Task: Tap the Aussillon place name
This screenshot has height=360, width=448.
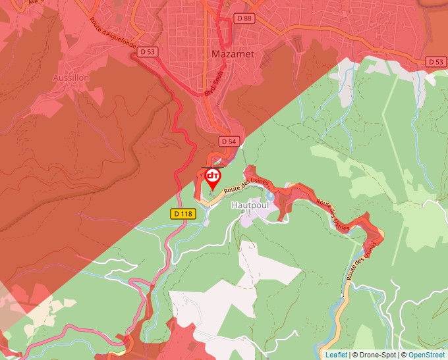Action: [70, 78]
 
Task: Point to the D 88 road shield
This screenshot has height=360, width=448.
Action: [244, 18]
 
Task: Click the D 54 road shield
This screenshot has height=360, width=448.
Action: [228, 141]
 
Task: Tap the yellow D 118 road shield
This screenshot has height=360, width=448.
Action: [182, 214]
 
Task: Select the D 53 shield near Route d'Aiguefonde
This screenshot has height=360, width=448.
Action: [149, 51]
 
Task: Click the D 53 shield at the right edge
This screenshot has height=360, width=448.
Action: [435, 62]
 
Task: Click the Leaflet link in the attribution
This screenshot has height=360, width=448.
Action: [336, 355]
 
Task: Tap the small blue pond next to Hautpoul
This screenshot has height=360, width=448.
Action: [270, 196]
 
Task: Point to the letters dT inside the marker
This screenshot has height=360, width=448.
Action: [213, 176]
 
